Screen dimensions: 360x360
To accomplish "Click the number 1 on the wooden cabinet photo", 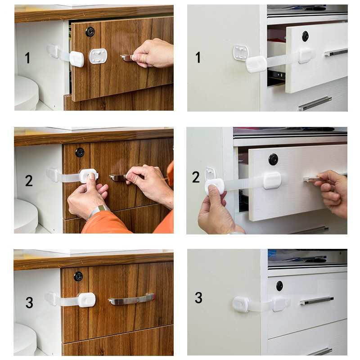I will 27,58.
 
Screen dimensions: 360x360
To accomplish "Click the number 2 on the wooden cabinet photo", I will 29,181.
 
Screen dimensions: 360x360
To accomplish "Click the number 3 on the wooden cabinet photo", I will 29,302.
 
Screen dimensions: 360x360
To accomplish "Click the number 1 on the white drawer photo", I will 198,58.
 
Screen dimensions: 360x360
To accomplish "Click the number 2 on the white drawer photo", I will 196,177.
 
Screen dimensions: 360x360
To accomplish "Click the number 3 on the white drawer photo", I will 198,297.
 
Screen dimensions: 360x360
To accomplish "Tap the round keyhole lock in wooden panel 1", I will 90,31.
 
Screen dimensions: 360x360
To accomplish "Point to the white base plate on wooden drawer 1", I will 98,56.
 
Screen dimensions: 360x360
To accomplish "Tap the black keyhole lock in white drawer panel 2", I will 273,159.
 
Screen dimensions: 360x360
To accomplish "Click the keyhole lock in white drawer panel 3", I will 279,285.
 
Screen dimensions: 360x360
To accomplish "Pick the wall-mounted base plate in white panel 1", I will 240,52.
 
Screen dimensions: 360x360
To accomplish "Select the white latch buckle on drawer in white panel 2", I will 272,180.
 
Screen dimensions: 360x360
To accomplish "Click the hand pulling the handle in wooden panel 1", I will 153,53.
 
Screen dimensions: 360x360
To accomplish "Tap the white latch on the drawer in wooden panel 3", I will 86,299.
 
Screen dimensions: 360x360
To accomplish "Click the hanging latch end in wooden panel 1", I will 77,59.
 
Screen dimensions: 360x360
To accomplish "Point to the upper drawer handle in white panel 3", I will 316,300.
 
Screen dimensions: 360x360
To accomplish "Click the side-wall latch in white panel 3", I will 241,304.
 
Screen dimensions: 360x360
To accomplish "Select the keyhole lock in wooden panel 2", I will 80,152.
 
